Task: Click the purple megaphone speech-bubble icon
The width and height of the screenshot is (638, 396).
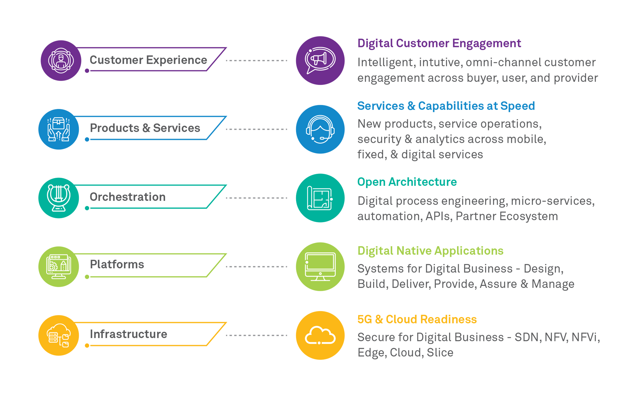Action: click(x=320, y=60)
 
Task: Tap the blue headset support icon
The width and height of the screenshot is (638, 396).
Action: click(x=320, y=129)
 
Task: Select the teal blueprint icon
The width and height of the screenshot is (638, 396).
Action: click(x=320, y=198)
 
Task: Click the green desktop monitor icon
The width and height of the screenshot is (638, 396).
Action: click(x=320, y=267)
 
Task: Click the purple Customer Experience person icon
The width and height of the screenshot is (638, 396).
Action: click(x=61, y=60)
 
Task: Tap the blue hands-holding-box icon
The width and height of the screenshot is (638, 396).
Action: click(x=58, y=129)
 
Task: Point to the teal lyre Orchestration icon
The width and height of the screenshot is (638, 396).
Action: click(x=58, y=198)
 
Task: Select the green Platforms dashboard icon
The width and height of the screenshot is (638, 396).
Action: click(x=58, y=267)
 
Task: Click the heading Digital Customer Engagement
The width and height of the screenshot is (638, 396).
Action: click(x=439, y=43)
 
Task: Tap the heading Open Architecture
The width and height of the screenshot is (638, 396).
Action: click(x=407, y=182)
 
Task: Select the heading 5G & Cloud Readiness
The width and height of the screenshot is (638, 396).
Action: click(x=417, y=319)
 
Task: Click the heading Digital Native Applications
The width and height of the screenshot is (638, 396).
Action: click(x=430, y=251)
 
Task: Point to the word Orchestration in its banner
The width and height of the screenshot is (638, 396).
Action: click(x=127, y=197)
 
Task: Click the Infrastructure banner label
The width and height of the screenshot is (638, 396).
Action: click(x=128, y=334)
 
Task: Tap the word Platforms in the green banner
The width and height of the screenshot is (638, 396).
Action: click(x=117, y=264)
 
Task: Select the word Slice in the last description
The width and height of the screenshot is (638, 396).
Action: click(x=440, y=352)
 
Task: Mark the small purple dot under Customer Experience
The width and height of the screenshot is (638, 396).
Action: click(x=87, y=71)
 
